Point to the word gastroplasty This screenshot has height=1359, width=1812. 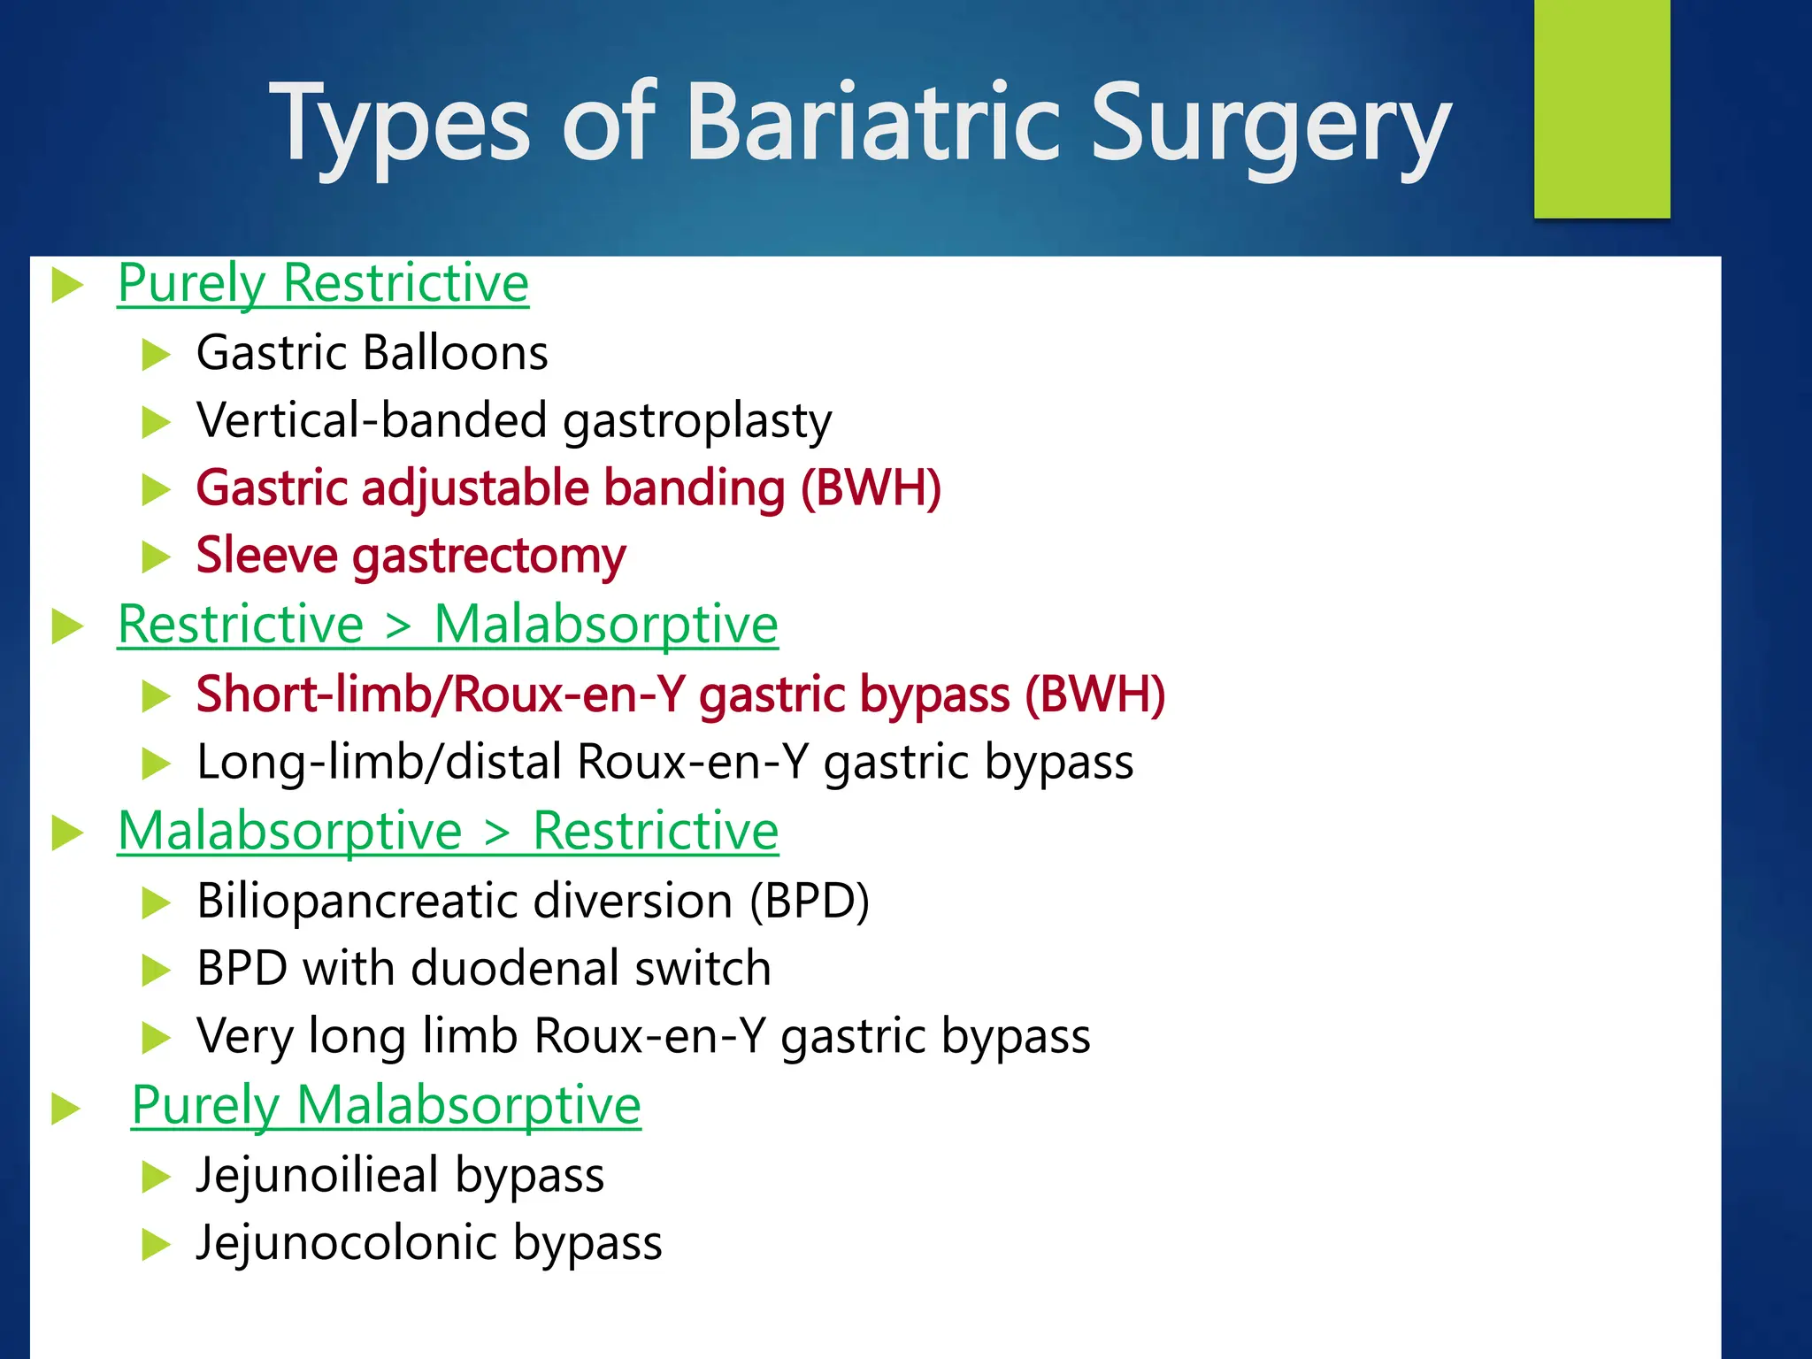click(697, 421)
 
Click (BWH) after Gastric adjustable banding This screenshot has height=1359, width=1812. click(871, 488)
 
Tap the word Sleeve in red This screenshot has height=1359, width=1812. click(266, 556)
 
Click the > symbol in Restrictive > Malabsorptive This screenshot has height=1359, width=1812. click(399, 626)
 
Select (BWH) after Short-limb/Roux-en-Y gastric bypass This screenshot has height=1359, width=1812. click(1094, 694)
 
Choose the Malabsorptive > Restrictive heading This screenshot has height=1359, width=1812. click(448, 831)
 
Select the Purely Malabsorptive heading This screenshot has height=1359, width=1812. click(386, 1105)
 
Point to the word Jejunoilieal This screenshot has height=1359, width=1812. click(318, 1175)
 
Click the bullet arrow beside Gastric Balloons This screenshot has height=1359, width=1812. click(156, 355)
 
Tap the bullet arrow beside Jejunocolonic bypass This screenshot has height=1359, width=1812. click(156, 1245)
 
